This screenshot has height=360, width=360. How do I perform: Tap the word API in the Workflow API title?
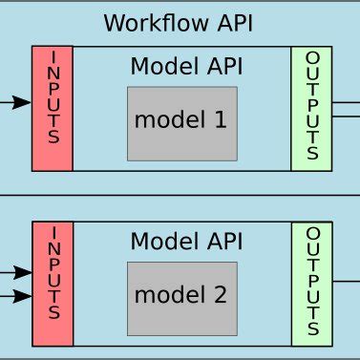pos(231,22)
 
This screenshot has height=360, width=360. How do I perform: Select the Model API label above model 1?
pos(186,66)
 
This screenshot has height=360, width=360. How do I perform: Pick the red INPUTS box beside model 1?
pos(52,108)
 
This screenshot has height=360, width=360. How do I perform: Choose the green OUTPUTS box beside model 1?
pos(311,108)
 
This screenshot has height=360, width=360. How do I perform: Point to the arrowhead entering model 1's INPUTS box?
pos(23,102)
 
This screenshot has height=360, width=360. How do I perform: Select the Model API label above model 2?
pos(186,242)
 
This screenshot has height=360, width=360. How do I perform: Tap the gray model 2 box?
pos(181,296)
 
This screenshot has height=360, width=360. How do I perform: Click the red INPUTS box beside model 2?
pos(52,283)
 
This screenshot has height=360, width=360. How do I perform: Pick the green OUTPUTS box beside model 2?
pos(311,283)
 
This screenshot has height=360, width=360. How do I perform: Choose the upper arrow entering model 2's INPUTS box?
pos(23,272)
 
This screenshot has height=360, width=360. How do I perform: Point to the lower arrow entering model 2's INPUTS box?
pos(23,296)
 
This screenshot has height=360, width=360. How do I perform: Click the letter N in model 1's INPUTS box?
pos(53,72)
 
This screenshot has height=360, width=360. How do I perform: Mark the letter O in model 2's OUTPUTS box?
pos(312,233)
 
